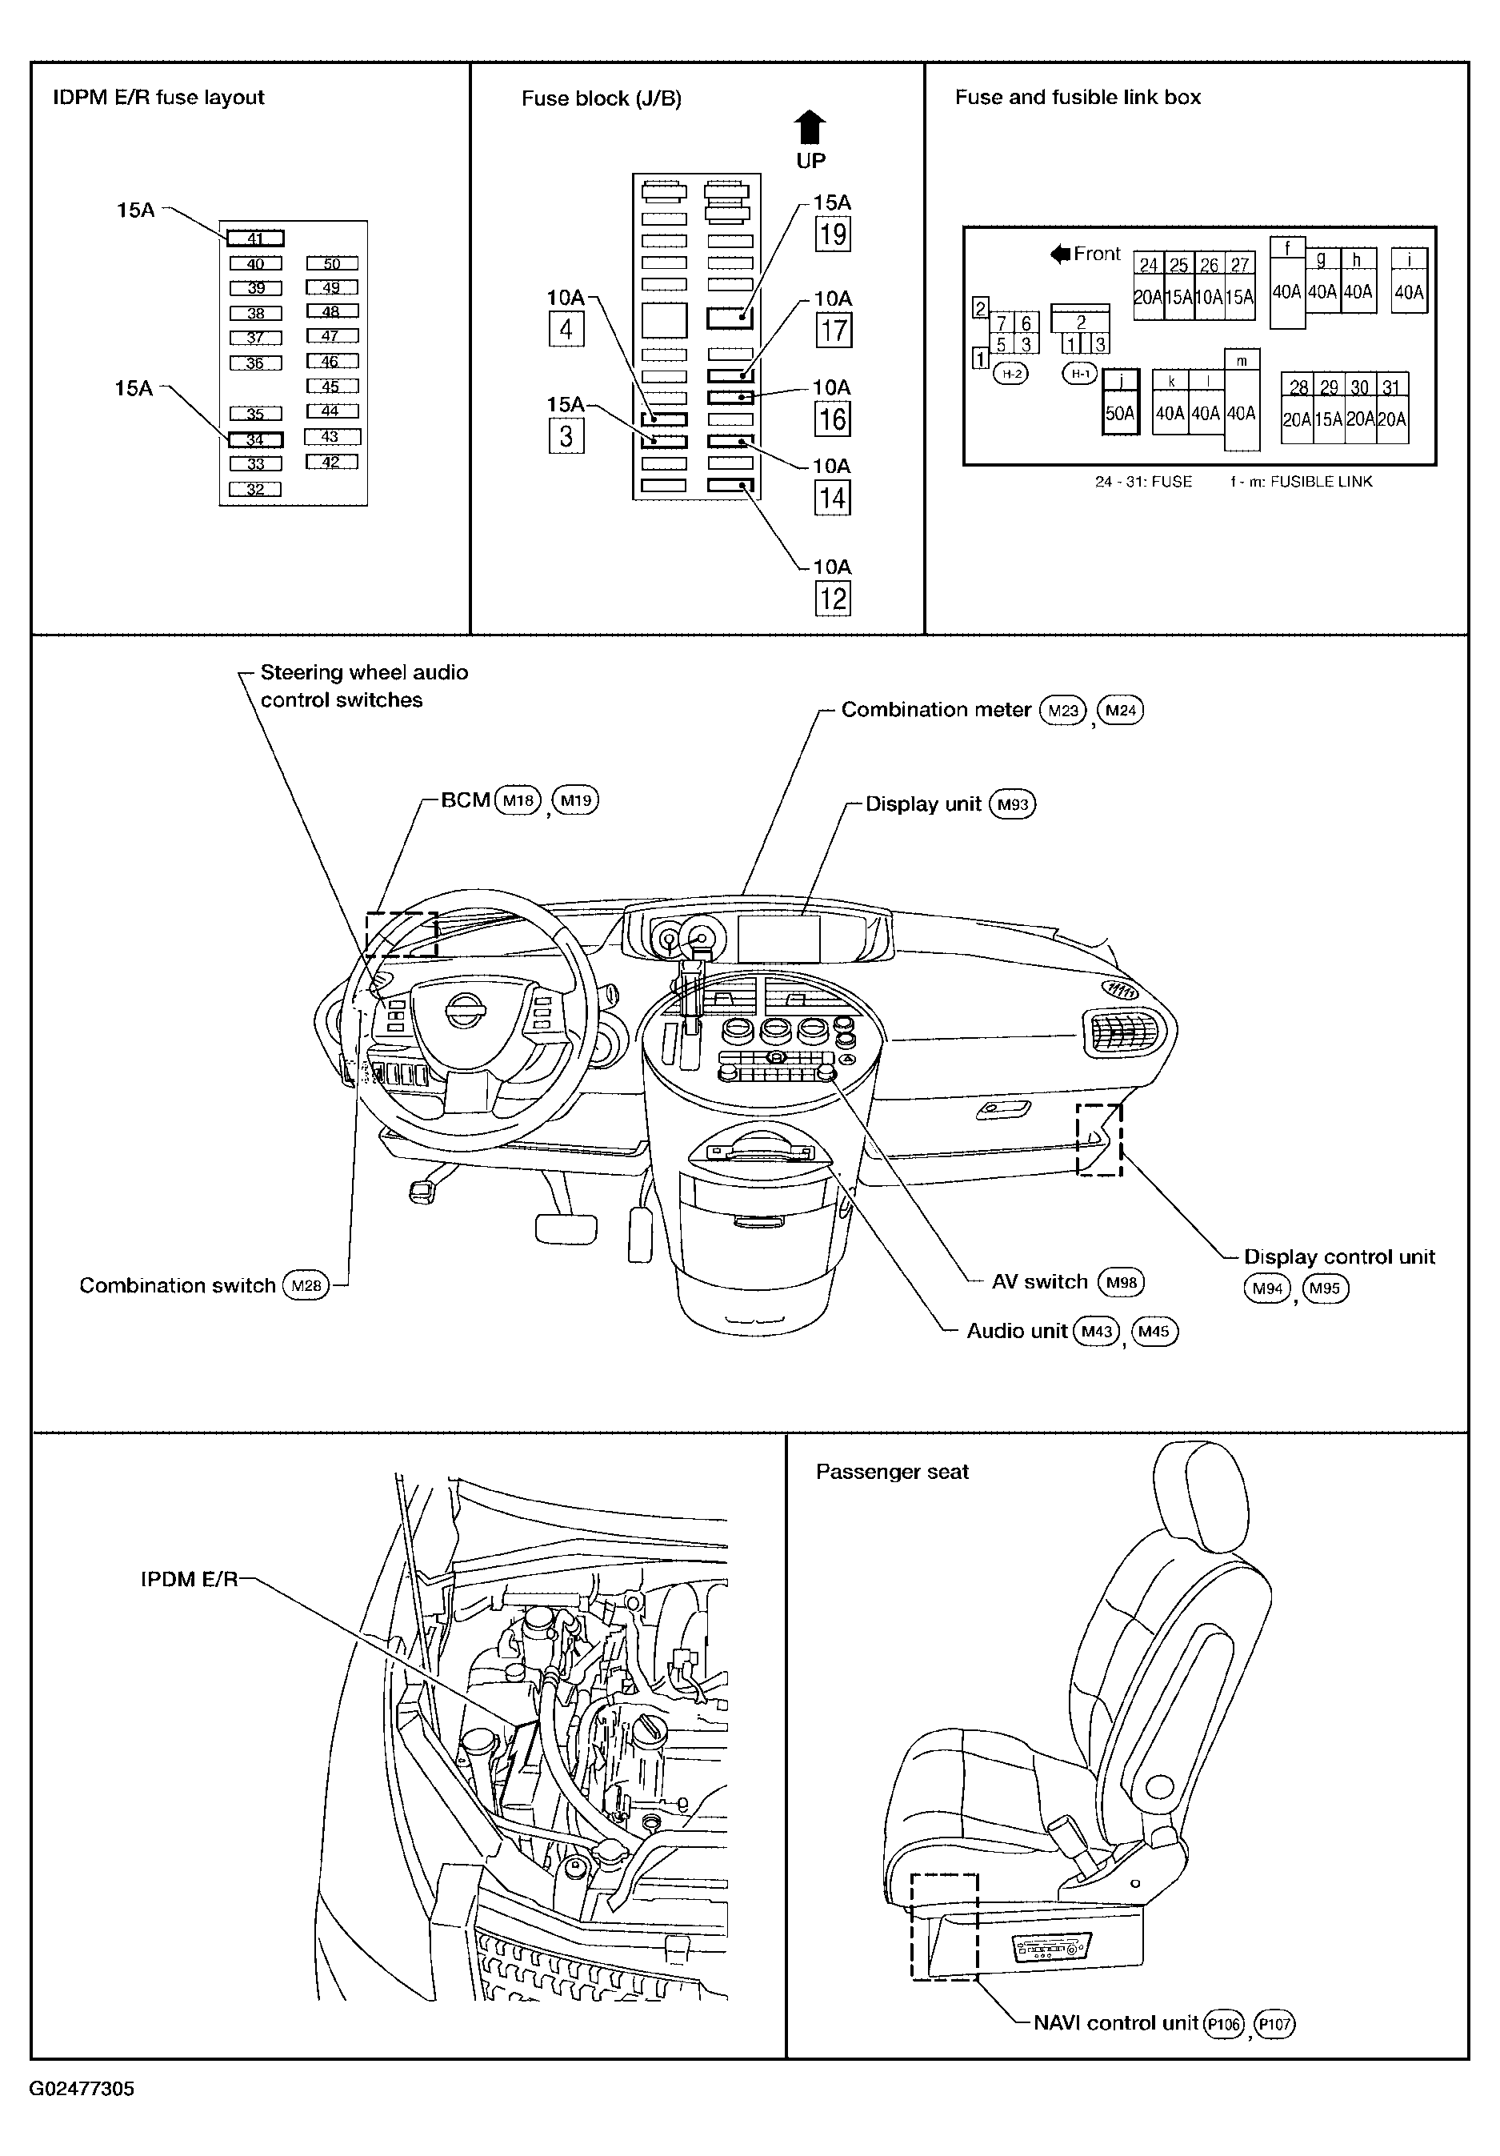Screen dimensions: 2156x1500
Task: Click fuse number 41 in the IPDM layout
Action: (x=255, y=238)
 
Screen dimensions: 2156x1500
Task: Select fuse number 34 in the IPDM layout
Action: (x=255, y=439)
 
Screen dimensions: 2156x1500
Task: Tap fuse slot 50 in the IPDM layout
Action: (x=332, y=264)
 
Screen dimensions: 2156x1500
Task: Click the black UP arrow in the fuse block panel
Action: (x=810, y=128)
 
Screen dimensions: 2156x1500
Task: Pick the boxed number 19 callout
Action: (x=833, y=234)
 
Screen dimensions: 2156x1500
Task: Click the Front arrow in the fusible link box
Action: (x=1061, y=254)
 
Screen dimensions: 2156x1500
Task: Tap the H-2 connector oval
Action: (x=1011, y=374)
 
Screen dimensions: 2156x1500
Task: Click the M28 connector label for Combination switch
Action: (x=306, y=1285)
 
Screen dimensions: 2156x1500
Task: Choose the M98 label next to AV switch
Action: (x=1122, y=1283)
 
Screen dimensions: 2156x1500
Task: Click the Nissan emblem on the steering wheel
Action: (x=465, y=1012)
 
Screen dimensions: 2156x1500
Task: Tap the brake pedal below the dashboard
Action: (x=566, y=1228)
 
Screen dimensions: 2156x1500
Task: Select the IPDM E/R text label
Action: (x=190, y=1580)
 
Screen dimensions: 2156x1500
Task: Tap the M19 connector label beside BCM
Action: (x=575, y=800)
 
